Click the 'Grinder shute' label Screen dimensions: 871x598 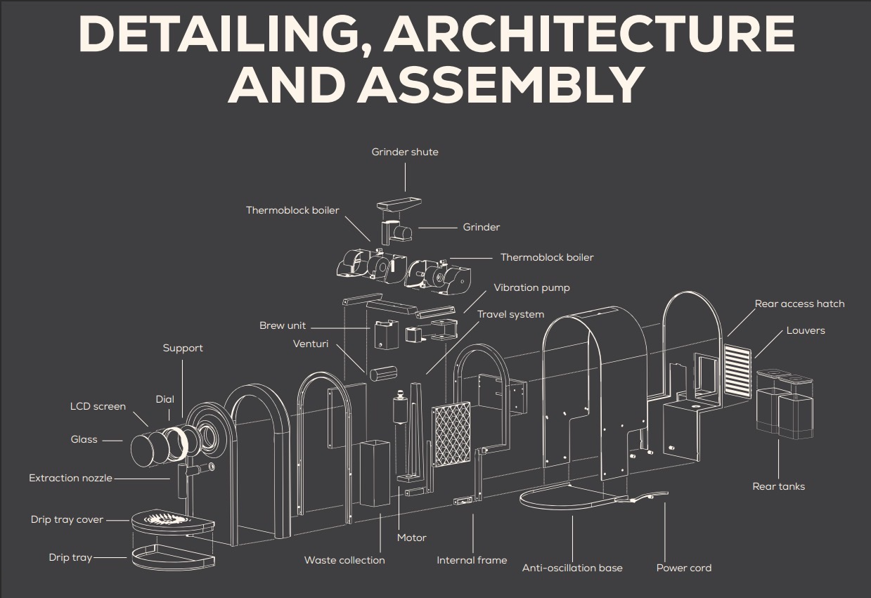405,152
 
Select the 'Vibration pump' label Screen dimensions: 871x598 531,288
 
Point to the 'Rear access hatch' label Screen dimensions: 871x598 799,304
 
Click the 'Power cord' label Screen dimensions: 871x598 683,568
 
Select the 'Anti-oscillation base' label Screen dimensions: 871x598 572,568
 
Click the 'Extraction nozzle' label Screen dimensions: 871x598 70,479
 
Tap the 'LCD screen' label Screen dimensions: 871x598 98,406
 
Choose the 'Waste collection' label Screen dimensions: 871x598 344,560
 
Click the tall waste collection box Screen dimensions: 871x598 375,474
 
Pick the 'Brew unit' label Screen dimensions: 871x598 283,325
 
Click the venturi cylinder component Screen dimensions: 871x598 383,373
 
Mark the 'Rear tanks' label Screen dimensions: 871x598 778,486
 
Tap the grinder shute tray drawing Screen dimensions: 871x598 399,204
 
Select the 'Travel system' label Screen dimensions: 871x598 510,314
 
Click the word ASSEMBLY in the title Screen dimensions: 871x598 501,85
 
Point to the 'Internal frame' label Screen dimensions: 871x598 472,560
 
